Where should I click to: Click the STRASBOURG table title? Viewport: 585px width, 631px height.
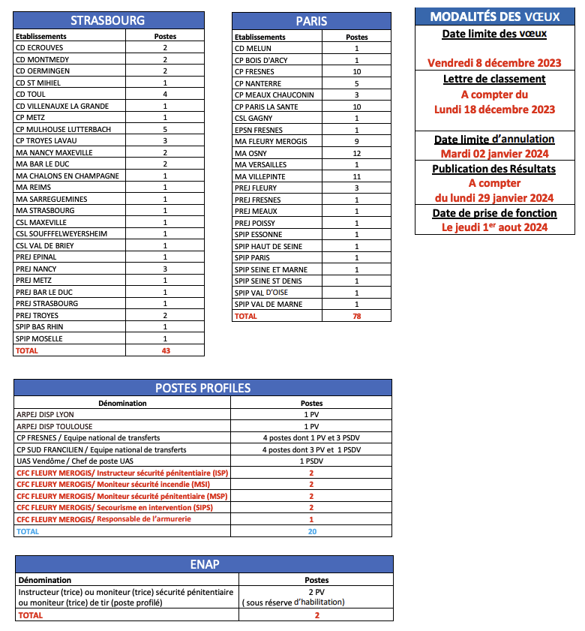click(x=108, y=20)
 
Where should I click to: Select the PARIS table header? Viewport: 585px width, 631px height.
click(x=311, y=21)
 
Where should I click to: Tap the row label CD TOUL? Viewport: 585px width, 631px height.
click(x=31, y=95)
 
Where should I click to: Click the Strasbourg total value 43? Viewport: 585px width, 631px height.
click(x=165, y=350)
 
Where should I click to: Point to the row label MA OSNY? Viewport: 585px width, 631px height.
click(x=252, y=153)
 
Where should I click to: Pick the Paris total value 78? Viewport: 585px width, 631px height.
click(x=356, y=316)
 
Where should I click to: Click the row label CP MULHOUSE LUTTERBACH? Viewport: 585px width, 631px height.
click(x=63, y=129)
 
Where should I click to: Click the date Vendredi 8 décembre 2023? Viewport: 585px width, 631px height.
click(x=494, y=63)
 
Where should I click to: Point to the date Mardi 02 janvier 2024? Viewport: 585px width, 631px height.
click(x=494, y=153)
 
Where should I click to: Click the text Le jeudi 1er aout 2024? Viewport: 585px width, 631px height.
click(x=494, y=227)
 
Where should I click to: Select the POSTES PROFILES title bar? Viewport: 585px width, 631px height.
click(x=202, y=388)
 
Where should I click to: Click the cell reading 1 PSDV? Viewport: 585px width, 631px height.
click(x=311, y=461)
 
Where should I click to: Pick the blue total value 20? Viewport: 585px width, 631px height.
click(x=311, y=531)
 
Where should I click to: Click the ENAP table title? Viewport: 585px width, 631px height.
click(x=204, y=564)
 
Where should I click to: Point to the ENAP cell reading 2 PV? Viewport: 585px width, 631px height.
click(x=316, y=591)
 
